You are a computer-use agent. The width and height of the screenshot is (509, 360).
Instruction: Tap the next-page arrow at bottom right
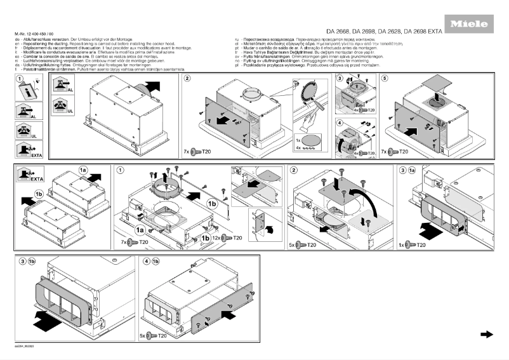pyautogui.click(x=487, y=334)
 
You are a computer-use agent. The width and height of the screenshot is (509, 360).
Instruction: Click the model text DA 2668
pyautogui.click(x=339, y=32)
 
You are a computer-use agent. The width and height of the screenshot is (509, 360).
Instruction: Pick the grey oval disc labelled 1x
pyautogui.click(x=311, y=139)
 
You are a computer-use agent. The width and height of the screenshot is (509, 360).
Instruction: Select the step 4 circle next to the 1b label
pyautogui.click(x=147, y=261)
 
